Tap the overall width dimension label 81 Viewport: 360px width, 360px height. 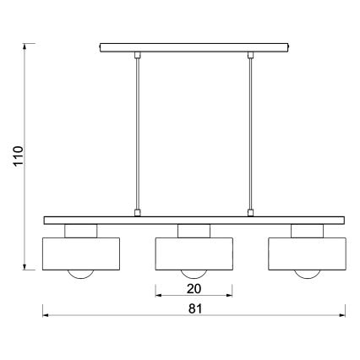click(194, 308)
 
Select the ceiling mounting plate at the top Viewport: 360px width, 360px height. click(194, 47)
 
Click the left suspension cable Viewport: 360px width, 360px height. click(138, 135)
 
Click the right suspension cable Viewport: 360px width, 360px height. click(251, 135)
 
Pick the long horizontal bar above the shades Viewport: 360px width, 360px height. click(194, 220)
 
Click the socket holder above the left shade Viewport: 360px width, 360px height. click(82, 231)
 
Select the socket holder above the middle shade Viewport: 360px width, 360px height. click(194, 231)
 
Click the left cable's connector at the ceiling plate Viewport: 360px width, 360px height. click(138, 56)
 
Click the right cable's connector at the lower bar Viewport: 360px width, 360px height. click(251, 212)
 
